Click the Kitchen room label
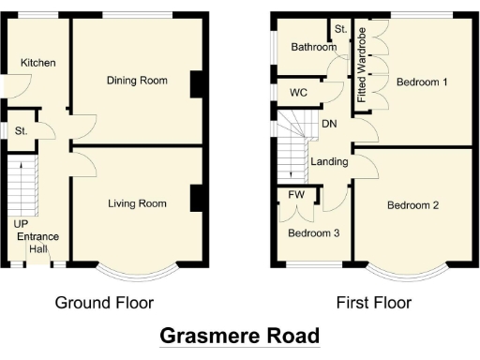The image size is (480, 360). coord(39,63)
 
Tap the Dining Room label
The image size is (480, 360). coord(137,81)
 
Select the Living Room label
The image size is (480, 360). coord(137,203)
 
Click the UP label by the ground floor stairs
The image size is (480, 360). coord(20,224)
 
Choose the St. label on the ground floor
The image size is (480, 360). coord(21,131)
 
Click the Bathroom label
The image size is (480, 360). coord(313,47)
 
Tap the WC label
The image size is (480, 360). coord(299,93)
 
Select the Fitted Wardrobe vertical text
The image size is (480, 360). coord(362,67)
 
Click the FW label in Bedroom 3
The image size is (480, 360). coord(297,195)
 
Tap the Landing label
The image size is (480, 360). coord(330,161)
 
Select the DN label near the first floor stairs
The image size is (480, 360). coord(329,124)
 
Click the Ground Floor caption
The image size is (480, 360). coord(104,302)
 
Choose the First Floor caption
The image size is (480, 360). coord(373,302)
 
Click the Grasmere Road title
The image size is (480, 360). coord(240,335)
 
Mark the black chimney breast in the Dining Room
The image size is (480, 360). coord(196,84)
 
